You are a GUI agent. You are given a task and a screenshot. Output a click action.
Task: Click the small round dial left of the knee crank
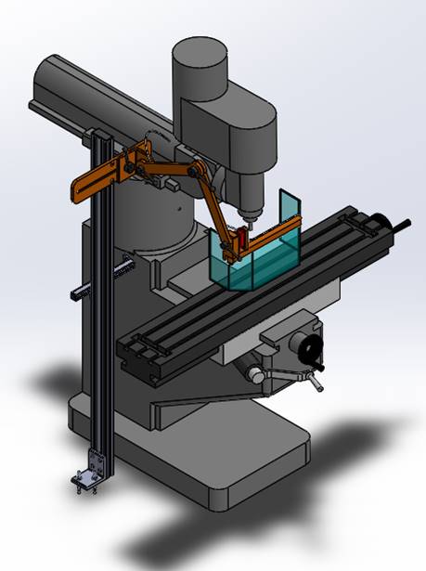tap(253, 373)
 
